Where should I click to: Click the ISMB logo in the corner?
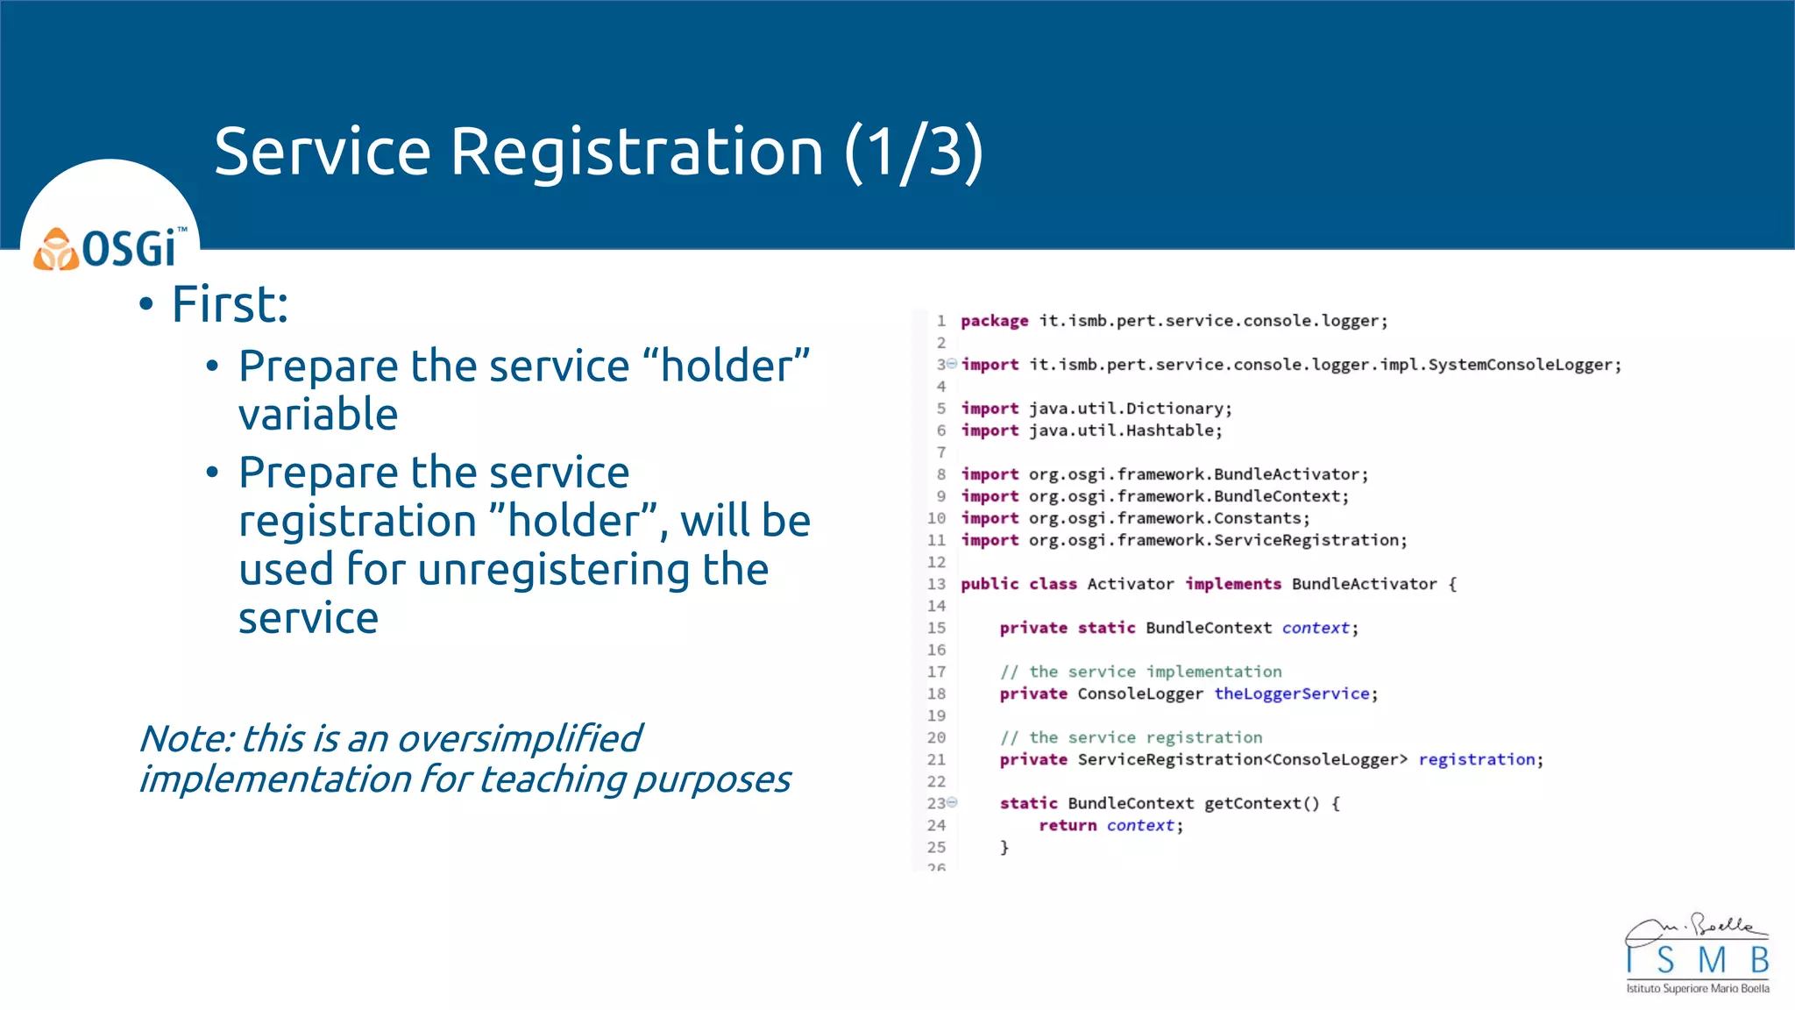pyautogui.click(x=1697, y=956)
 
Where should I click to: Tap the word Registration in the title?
pyautogui.click(x=637, y=152)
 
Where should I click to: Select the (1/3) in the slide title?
pyautogui.click(x=914, y=152)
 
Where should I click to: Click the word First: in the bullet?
pyautogui.click(x=230, y=305)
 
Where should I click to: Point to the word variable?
pyautogui.click(x=318, y=415)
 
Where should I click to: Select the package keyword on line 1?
pyautogui.click(x=994, y=321)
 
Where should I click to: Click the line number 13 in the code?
pyautogui.click(x=936, y=584)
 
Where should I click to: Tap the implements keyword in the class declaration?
pyautogui.click(x=1232, y=584)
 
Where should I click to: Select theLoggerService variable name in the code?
pyautogui.click(x=1291, y=693)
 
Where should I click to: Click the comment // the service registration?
pyautogui.click(x=1131, y=737)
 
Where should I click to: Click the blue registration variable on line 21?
pyautogui.click(x=1477, y=759)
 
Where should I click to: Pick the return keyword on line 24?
pyautogui.click(x=1067, y=825)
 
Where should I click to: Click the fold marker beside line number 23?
pyautogui.click(x=953, y=802)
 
